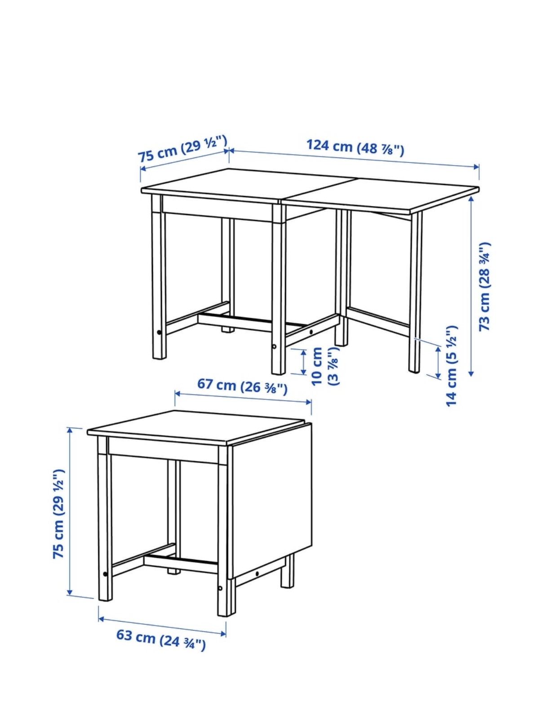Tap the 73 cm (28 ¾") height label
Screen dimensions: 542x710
pyautogui.click(x=484, y=287)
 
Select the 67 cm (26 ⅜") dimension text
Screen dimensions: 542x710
pyautogui.click(x=243, y=386)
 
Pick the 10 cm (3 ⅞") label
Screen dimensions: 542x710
pyautogui.click(x=326, y=366)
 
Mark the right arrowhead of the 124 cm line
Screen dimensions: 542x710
pyautogui.click(x=476, y=167)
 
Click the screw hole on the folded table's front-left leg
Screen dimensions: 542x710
pyautogui.click(x=105, y=574)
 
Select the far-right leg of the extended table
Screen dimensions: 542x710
pyautogui.click(x=415, y=292)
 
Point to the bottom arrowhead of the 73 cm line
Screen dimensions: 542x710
pyautogui.click(x=471, y=373)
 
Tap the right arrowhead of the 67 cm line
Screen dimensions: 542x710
pyautogui.click(x=309, y=402)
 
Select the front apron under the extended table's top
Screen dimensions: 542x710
pyautogui.click(x=217, y=209)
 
